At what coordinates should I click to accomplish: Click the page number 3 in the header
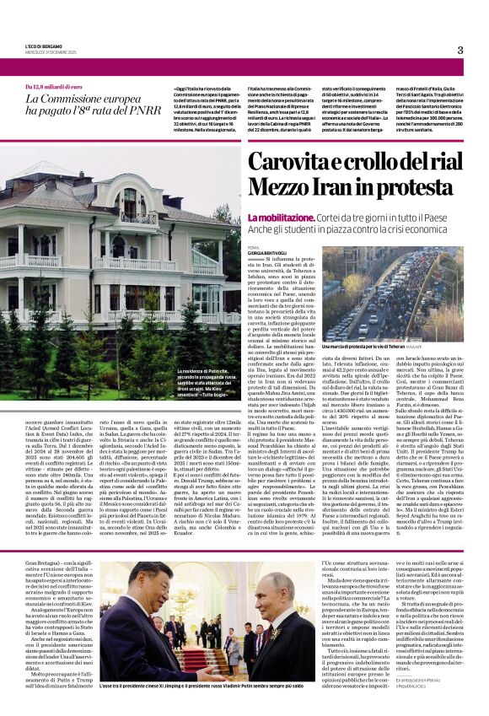click(460, 50)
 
